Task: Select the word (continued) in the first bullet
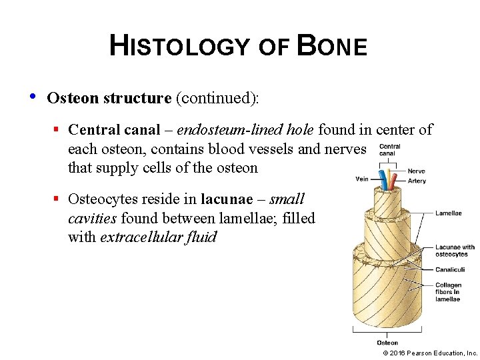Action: tap(217, 98)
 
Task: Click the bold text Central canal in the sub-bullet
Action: tap(115, 129)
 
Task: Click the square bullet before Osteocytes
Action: tap(58, 199)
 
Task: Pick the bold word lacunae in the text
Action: tap(227, 199)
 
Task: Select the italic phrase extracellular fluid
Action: tap(158, 237)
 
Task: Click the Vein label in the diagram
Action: tap(361, 179)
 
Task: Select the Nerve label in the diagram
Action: tap(416, 171)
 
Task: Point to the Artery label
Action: tap(417, 181)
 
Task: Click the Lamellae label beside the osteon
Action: tap(448, 213)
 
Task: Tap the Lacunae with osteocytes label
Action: tap(455, 250)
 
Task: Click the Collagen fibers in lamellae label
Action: tap(448, 292)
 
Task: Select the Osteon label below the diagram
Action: tap(387, 343)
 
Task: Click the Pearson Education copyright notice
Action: tap(431, 353)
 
